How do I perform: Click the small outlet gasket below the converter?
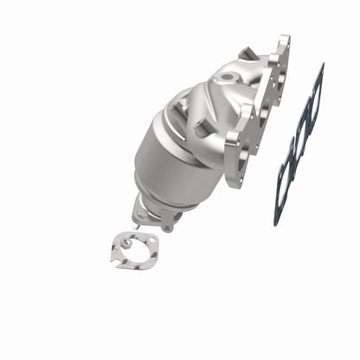coord(135,250)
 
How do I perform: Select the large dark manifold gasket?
coord(298,143)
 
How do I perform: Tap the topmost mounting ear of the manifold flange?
coord(282,43)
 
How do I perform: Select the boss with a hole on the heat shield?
coord(202,125)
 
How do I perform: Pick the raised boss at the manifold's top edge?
coord(247,54)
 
